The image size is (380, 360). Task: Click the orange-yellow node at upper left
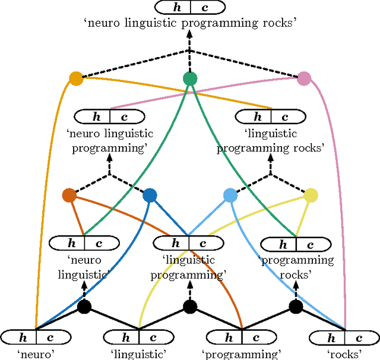point(75,78)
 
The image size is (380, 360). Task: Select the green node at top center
point(189,78)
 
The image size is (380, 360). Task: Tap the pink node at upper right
point(304,78)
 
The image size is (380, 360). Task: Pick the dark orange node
point(69,195)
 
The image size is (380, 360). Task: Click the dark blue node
point(150,195)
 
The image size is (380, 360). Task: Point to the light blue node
point(230,195)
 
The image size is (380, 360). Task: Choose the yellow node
point(311,195)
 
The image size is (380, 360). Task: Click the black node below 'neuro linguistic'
point(84,307)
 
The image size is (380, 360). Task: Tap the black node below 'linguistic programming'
point(189,307)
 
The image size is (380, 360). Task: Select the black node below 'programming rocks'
point(295,307)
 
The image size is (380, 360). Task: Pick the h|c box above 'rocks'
point(345,337)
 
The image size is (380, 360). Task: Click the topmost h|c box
point(189,7)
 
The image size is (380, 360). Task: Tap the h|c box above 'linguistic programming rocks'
point(271,117)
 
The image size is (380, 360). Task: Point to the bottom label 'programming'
point(241,354)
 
